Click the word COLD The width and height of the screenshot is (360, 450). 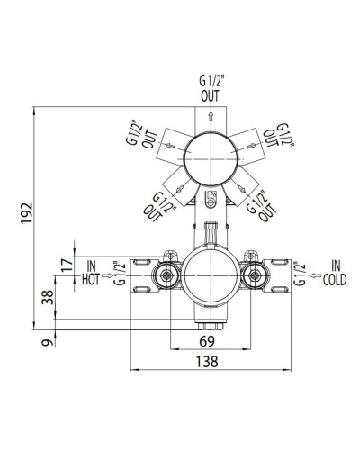pyautogui.click(x=333, y=280)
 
